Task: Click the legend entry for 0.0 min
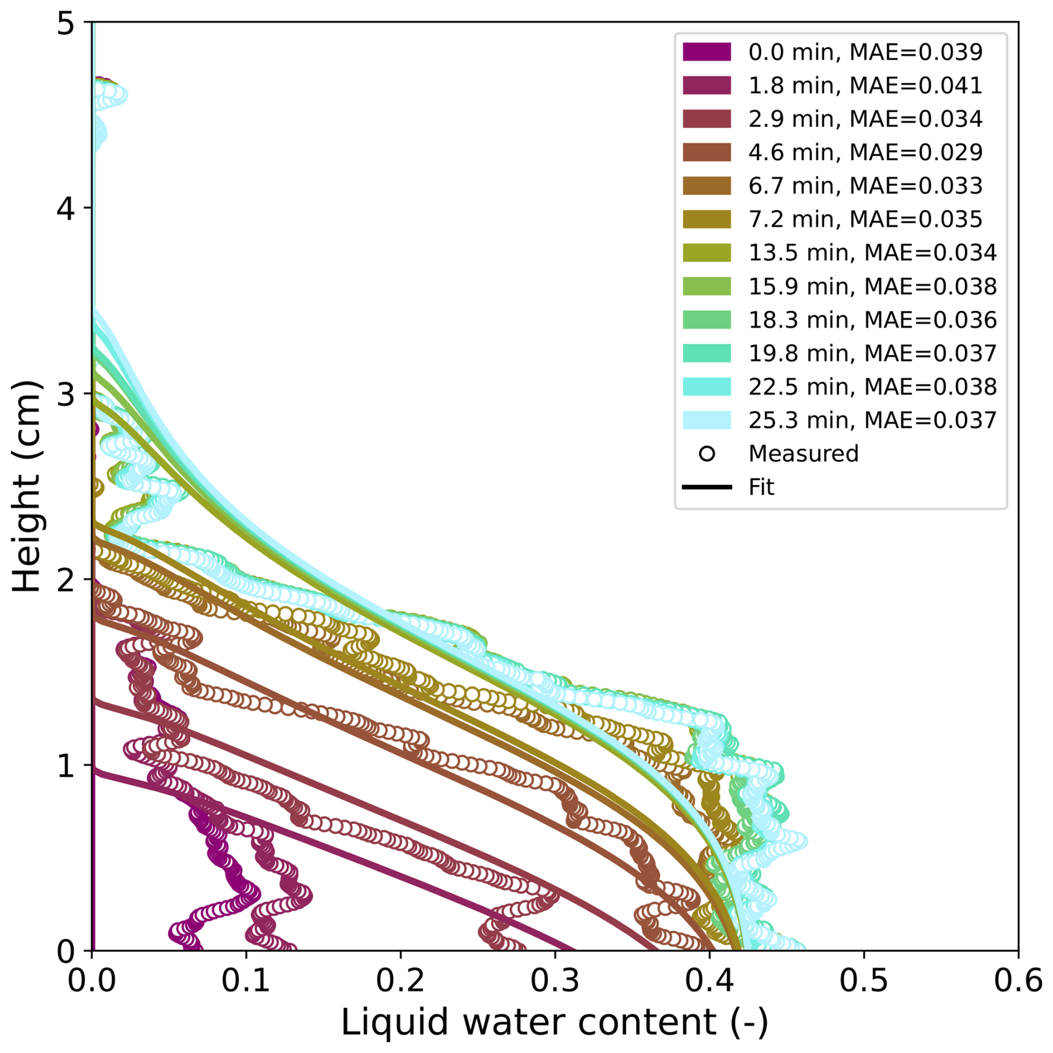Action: point(865,52)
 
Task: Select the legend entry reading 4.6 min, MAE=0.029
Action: point(865,152)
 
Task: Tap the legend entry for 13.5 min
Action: point(872,253)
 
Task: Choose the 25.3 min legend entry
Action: point(872,420)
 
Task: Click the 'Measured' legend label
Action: point(803,454)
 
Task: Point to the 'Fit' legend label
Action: point(761,487)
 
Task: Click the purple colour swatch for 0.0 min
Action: point(706,52)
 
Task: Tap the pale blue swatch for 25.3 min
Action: point(706,420)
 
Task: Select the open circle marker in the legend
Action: point(706,454)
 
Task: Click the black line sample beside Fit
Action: point(706,487)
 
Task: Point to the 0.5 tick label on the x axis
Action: point(863,980)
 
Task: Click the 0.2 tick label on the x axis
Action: point(400,980)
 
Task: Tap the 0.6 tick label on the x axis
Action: point(1017,980)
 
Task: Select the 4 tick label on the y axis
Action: point(66,209)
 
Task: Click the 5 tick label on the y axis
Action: point(66,24)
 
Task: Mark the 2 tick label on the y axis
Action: point(66,580)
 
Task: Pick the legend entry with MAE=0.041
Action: point(865,85)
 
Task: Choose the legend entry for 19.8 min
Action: point(872,353)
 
